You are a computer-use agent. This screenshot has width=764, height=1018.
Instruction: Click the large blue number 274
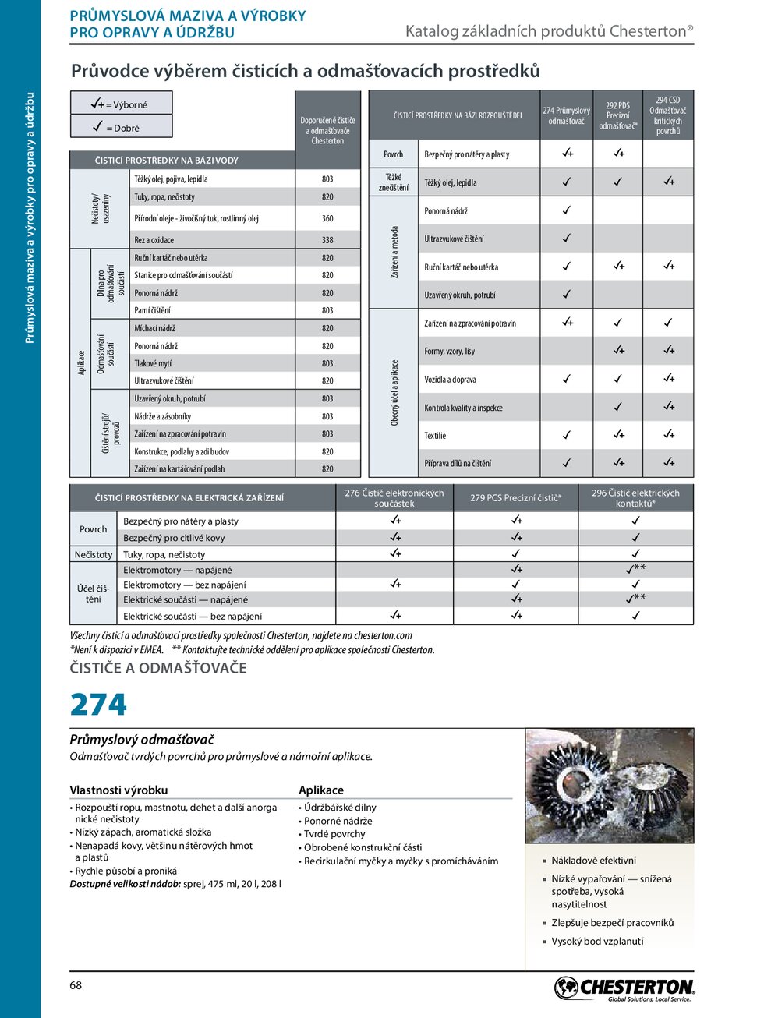pyautogui.click(x=98, y=705)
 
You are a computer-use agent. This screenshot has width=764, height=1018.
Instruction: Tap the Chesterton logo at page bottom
pyautogui.click(x=624, y=988)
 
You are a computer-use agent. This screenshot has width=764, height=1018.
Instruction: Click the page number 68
pyautogui.click(x=76, y=985)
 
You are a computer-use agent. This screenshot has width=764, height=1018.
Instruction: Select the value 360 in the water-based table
pyautogui.click(x=327, y=219)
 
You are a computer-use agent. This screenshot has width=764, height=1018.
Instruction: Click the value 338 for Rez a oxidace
pyautogui.click(x=327, y=240)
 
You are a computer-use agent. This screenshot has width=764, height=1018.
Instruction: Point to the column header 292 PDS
pyautogui.click(x=618, y=115)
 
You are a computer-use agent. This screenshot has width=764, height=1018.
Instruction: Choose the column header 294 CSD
pyautogui.click(x=668, y=115)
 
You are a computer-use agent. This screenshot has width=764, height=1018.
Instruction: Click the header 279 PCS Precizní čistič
pyautogui.click(x=515, y=498)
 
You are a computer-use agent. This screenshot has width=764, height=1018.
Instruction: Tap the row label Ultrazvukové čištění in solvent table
pyautogui.click(x=454, y=239)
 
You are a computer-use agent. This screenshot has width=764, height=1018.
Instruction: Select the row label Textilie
pyautogui.click(x=435, y=436)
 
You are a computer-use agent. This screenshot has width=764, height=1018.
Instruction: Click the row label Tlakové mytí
pyautogui.click(x=153, y=364)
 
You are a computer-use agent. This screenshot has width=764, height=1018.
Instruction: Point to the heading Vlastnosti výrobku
pyautogui.click(x=118, y=790)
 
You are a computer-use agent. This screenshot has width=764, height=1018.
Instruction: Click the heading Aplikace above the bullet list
pyautogui.click(x=321, y=790)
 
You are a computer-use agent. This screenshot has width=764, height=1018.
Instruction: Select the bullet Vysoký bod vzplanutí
pyautogui.click(x=597, y=942)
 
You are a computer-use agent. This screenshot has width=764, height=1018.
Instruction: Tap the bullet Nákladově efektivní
pyautogui.click(x=593, y=861)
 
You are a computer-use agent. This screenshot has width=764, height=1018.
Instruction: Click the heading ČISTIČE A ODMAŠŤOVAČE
pyautogui.click(x=158, y=668)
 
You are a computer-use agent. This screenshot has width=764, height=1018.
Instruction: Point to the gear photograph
pyautogui.click(x=609, y=785)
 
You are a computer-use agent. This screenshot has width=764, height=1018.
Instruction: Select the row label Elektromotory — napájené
pyautogui.click(x=177, y=570)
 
